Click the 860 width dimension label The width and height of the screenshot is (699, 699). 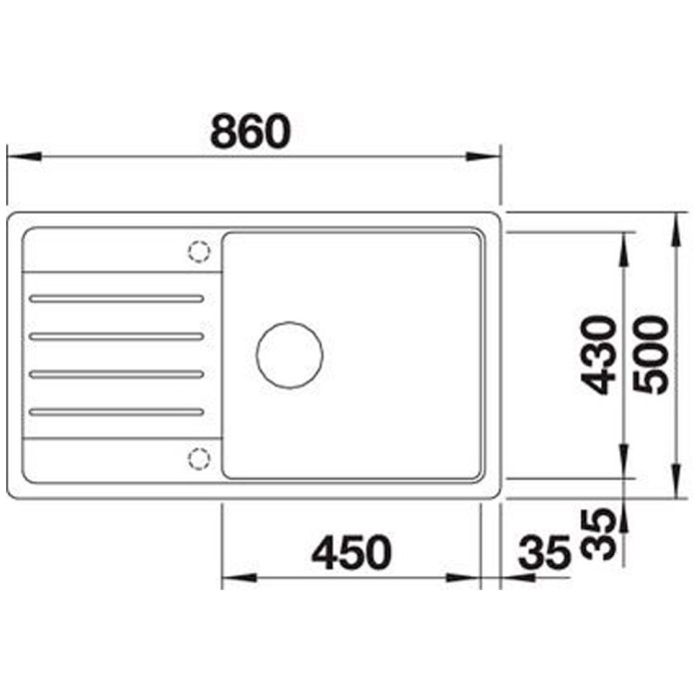tap(251, 131)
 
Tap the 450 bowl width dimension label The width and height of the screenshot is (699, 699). tap(349, 552)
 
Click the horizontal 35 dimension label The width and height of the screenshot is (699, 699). tap(543, 552)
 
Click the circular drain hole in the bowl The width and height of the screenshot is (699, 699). tap(290, 354)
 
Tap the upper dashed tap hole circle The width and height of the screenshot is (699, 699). tap(199, 250)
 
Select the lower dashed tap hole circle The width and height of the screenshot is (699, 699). tap(199, 457)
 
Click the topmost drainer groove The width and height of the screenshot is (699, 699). tap(116, 298)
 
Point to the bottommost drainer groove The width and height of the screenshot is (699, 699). tap(116, 411)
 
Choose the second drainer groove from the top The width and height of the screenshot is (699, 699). tap(116, 337)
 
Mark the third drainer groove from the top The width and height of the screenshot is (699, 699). tap(116, 374)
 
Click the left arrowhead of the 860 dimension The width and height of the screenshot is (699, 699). tap(20, 156)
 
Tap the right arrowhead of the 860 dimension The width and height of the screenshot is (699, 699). tap(486, 156)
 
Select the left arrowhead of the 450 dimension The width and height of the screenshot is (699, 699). tap(234, 578)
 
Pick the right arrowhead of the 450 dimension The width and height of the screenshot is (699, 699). tap(466, 578)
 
